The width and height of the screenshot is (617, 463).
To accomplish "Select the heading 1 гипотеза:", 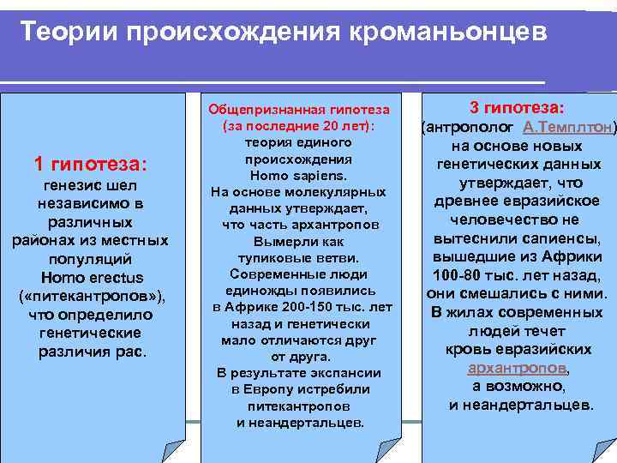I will point(90,163).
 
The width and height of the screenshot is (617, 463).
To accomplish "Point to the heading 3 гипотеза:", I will point(516,108).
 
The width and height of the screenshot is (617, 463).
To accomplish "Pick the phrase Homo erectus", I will point(92,278).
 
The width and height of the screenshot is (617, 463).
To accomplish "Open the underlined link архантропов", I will point(516,369).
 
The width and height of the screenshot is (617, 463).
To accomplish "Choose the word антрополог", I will point(466,127).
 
